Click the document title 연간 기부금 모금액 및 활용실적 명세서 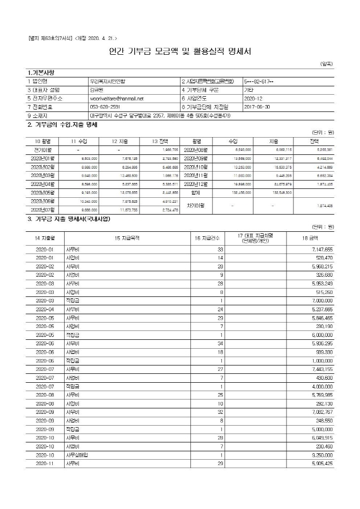point(180,51)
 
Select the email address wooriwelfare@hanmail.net point(116,98)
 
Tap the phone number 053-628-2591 point(105,107)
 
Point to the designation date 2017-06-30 point(257,107)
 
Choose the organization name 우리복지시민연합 point(108,81)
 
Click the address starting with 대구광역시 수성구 point(160,115)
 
